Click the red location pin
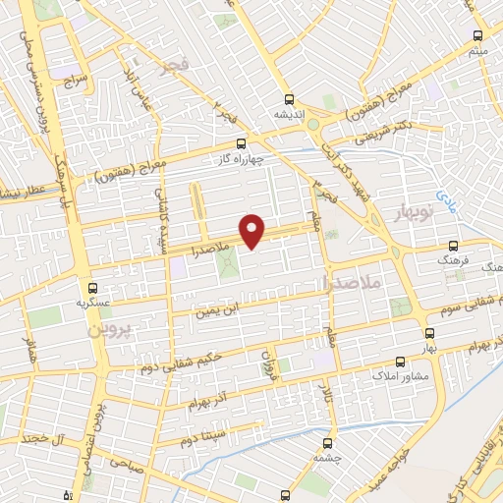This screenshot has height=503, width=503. [x=253, y=230]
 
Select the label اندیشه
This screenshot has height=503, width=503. [x=288, y=113]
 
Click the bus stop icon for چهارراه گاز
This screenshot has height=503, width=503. [x=241, y=144]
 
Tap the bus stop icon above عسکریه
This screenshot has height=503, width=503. [x=92, y=288]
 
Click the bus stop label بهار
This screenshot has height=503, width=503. [x=429, y=349]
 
